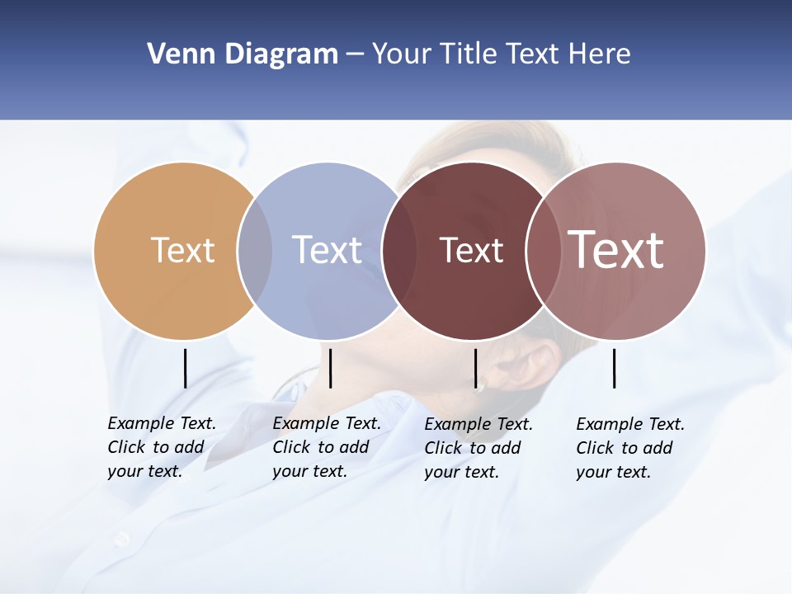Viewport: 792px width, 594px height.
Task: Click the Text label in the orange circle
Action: [182, 250]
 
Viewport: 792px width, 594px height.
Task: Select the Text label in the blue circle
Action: [327, 250]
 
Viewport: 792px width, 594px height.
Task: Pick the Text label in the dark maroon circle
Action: [471, 250]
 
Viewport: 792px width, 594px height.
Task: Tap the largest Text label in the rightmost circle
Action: [616, 249]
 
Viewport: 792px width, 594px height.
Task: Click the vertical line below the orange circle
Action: [185, 368]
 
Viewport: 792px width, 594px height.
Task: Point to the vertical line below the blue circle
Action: [330, 368]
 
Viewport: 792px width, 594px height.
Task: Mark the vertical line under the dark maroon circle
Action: [475, 368]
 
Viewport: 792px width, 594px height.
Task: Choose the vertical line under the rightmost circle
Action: [614, 368]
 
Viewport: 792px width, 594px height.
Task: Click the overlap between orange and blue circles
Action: [255, 251]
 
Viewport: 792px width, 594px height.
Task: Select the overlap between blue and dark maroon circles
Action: [398, 251]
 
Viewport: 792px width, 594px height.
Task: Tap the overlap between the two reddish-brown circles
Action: [540, 251]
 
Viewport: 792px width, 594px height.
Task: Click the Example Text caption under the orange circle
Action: [161, 447]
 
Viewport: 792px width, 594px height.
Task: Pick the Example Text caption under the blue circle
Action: [326, 447]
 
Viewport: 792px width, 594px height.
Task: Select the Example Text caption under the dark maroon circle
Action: [478, 448]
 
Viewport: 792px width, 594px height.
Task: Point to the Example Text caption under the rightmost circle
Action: [629, 448]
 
